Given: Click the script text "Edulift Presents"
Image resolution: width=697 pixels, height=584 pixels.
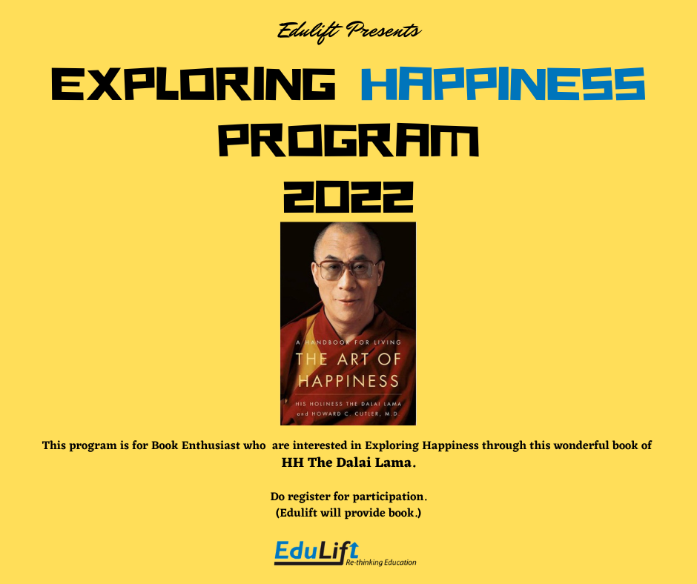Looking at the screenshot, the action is point(348,31).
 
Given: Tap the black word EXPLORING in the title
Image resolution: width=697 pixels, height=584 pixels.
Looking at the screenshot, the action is point(194,84).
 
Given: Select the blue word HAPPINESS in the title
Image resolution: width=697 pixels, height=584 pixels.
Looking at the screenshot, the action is point(503,84).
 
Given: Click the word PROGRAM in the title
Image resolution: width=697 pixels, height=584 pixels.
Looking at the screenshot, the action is point(348,141).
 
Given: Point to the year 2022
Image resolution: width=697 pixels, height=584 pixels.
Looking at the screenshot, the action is point(348,196).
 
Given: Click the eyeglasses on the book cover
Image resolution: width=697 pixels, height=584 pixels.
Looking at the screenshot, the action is point(348,270).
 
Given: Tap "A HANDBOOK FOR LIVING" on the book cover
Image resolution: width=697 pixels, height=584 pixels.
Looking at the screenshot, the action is point(348,342).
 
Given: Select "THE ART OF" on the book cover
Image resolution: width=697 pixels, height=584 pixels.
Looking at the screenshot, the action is point(348,359).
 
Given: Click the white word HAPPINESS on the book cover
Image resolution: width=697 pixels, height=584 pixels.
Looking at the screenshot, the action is point(348,381).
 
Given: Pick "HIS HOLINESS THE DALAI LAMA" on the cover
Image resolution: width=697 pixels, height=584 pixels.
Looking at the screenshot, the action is point(348,404).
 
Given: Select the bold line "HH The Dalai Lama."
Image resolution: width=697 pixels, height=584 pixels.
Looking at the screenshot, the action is point(348,462).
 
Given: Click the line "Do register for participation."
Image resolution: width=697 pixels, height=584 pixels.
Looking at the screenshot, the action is point(348,497).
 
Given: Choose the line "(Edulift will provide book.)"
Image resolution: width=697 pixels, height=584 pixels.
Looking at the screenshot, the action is point(348,513).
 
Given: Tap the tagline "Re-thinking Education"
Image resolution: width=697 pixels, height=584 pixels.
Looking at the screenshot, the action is point(381,563).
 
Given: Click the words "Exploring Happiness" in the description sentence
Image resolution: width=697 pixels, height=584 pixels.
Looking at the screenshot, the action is point(422,445).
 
